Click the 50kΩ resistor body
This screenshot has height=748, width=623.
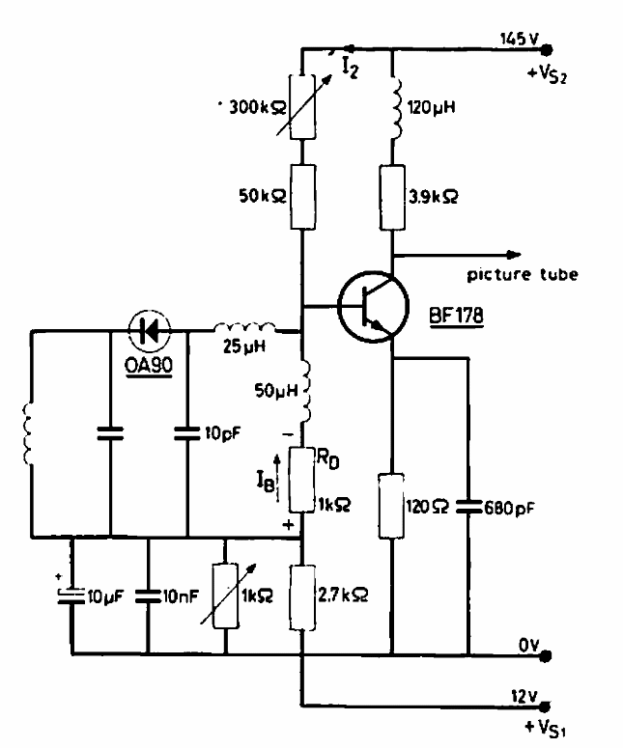(x=302, y=195)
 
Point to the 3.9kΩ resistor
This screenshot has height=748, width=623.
(x=392, y=195)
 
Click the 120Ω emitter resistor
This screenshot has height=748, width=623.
(x=392, y=505)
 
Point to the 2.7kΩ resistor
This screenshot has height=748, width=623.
(x=302, y=599)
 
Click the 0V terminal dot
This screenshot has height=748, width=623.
(x=546, y=656)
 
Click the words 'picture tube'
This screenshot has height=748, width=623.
(x=523, y=275)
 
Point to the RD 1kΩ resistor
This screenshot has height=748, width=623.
(x=302, y=480)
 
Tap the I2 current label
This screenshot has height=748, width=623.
(x=350, y=68)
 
